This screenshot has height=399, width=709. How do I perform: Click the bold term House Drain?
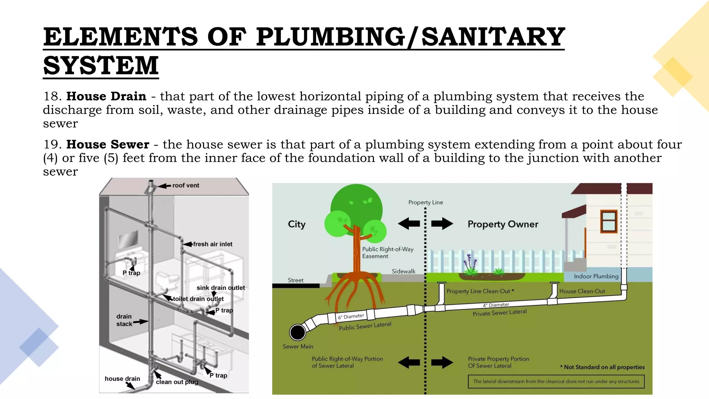coord(106,96)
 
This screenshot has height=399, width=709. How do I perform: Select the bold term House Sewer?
coord(108,144)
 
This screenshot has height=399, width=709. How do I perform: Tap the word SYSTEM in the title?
coord(101,65)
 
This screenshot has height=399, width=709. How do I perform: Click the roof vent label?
coord(186,185)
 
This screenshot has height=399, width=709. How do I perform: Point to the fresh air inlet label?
coord(213,244)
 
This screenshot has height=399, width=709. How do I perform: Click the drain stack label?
coord(124,320)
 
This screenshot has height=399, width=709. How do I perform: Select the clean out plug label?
coord(177,382)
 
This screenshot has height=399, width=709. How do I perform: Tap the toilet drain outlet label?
coord(198,299)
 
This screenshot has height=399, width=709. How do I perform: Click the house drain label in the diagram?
coord(122,379)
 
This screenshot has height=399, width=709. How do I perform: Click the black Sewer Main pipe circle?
coord(297,332)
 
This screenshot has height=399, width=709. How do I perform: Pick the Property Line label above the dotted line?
coord(425,202)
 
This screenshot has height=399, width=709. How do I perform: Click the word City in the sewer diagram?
coord(297,224)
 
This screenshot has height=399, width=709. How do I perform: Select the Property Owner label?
coord(503,224)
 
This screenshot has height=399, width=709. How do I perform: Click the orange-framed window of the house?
coord(609,221)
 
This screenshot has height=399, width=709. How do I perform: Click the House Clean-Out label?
coord(582,291)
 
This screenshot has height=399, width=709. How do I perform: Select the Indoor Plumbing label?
coord(596,276)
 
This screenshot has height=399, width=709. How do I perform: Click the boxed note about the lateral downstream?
coord(556,381)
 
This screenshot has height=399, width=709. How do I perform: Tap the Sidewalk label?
coord(403,271)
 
